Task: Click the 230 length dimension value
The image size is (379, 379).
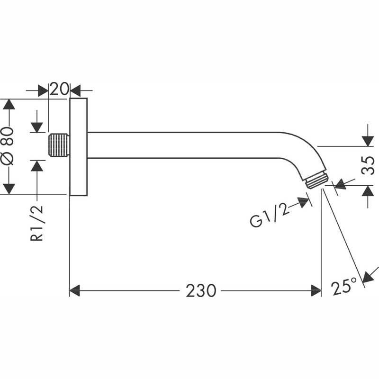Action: point(200,290)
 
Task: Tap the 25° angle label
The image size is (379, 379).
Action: point(344,287)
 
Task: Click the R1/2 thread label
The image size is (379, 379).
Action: point(37,223)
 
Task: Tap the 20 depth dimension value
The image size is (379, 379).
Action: point(59,89)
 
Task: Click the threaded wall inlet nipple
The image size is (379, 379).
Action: point(59,145)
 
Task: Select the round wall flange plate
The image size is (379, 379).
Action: point(79,146)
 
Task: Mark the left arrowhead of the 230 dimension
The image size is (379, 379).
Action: point(74,290)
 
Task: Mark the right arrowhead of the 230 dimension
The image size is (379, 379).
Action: point(316,290)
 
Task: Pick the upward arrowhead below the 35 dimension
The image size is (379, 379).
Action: point(367,191)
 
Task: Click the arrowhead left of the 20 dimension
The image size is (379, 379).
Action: point(44,89)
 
